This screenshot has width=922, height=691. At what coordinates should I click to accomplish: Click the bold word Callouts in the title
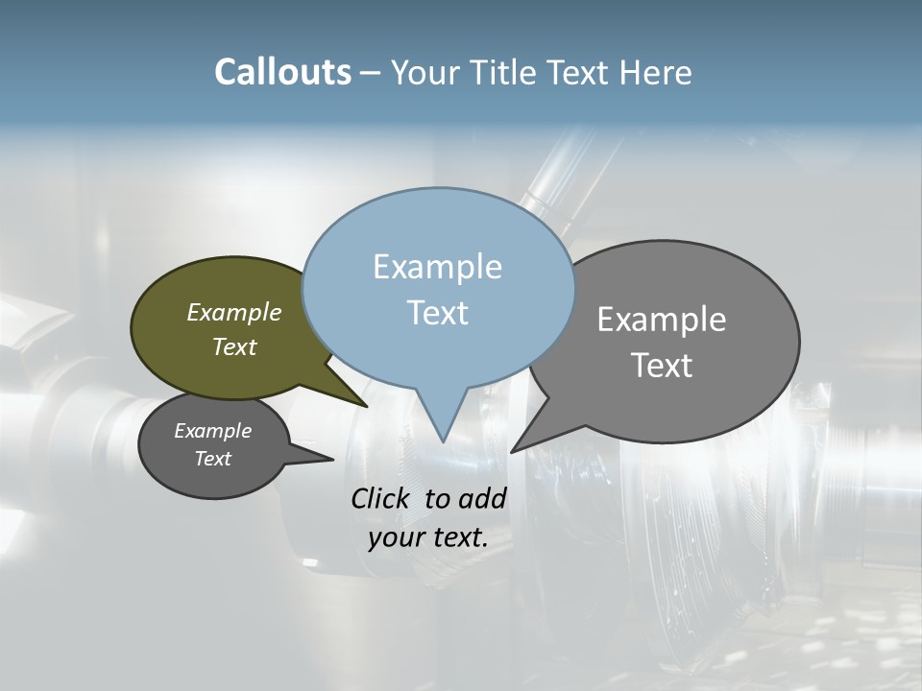point(282,72)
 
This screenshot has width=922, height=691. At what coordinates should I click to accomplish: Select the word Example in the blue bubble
point(437,267)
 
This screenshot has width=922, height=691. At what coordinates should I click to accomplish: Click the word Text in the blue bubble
point(437,313)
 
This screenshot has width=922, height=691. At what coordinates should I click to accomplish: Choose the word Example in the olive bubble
point(234,312)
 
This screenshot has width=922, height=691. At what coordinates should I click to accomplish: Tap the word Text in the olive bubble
point(234,346)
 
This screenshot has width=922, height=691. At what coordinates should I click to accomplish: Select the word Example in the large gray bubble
point(662,320)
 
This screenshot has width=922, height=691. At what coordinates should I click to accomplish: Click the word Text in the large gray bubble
point(662,365)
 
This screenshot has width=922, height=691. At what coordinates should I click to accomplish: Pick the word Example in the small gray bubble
point(212,431)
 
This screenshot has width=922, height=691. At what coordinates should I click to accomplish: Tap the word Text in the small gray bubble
point(212,459)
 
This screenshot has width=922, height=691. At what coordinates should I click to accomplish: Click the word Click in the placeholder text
point(382,498)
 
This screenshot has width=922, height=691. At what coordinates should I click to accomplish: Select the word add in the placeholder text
point(482,498)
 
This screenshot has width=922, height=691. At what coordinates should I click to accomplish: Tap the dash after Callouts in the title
point(371,73)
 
